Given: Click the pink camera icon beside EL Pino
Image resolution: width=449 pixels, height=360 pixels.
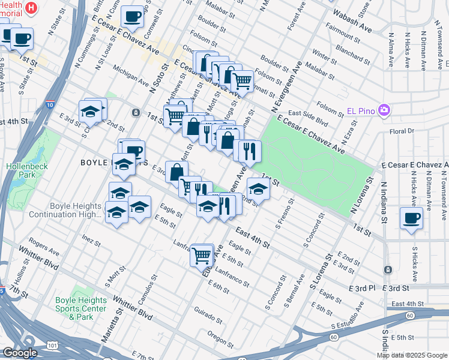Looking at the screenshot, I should (x=385, y=111).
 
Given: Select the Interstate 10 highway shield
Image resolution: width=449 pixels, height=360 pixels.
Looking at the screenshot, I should (x=49, y=106).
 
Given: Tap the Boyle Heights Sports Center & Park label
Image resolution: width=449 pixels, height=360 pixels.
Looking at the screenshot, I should (x=82, y=308).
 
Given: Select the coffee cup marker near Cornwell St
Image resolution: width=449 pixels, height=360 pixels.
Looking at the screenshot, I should (x=132, y=16).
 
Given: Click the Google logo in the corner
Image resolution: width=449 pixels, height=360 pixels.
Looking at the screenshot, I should (x=20, y=353).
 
